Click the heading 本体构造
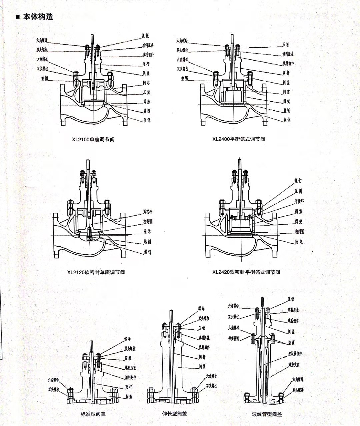pyautogui.click(x=38, y=17)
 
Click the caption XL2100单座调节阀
pyautogui.click(x=93, y=139)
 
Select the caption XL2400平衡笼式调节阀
pyautogui.click(x=238, y=139)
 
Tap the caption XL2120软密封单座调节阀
pyautogui.click(x=96, y=272)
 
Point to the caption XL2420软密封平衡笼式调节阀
pyautogui.click(x=246, y=272)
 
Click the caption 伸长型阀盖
pyautogui.click(x=174, y=414)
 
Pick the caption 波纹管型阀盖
pyautogui.click(x=267, y=414)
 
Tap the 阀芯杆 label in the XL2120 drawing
pyautogui.click(x=147, y=211)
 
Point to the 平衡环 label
pyautogui.click(x=299, y=201)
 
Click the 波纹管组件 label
pyautogui.click(x=295, y=353)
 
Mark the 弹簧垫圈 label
pyautogui.click(x=233, y=338)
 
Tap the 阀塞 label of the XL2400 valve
pyautogui.click(x=287, y=92)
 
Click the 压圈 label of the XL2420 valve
pyautogui.click(x=298, y=191)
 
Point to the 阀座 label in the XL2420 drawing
pyautogui.click(x=299, y=242)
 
